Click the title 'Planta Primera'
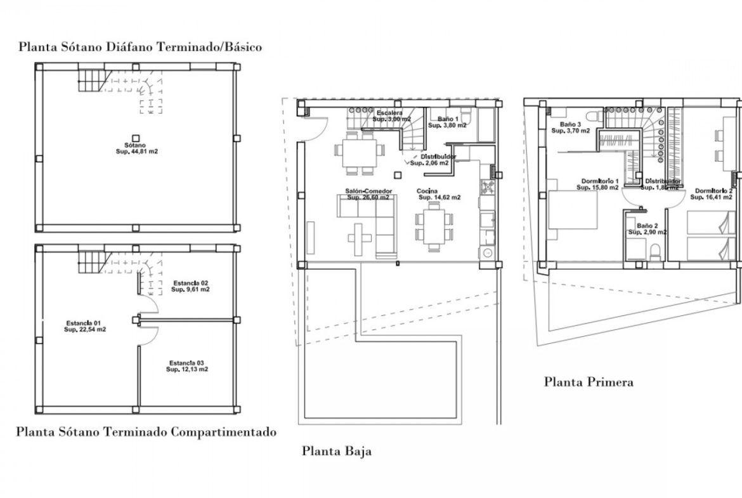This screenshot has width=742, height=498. [x=589, y=382]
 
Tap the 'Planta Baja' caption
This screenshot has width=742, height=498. [x=336, y=452]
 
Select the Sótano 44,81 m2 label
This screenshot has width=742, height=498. [x=135, y=148]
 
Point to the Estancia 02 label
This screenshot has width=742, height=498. [x=190, y=285]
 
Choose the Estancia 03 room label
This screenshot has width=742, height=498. [x=187, y=366]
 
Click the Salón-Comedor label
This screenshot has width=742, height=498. [x=368, y=194]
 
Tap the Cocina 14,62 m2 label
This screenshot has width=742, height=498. [x=438, y=194]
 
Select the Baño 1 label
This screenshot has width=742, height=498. [x=447, y=122]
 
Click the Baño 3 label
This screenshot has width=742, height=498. [x=570, y=128]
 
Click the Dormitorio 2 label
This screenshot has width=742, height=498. [x=713, y=193]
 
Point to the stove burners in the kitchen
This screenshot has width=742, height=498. [x=488, y=186]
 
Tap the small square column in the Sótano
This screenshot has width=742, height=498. [x=135, y=137]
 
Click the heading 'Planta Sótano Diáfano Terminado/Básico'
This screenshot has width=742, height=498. [x=140, y=47]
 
